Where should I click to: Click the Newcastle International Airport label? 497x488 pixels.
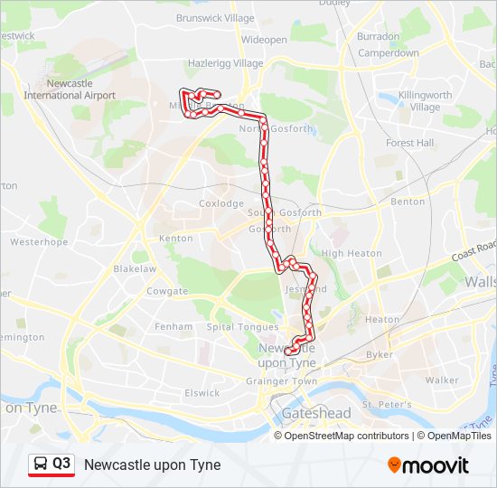coord(70,89)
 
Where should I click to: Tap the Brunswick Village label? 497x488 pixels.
coord(215,18)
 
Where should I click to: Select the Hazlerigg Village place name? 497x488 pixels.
coord(224,63)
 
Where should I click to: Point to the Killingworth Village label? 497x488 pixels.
coord(425,100)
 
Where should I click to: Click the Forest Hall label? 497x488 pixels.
coord(409,143)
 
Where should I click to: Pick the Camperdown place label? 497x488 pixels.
coord(389,53)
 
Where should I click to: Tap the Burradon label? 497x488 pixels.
coord(379,37)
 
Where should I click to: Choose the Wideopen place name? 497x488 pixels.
coord(264,41)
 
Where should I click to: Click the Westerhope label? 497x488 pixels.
coord(39,242)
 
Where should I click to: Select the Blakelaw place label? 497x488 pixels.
coord(135,269)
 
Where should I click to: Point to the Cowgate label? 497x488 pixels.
coord(167,291)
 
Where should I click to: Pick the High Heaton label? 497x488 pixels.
coord(352,254)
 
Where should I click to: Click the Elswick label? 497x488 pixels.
coord(202,393)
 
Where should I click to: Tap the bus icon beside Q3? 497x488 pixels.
coord(41,465)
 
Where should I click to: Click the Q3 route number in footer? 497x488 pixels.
coord(61,465)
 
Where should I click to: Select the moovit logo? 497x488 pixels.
coord(428,465)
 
